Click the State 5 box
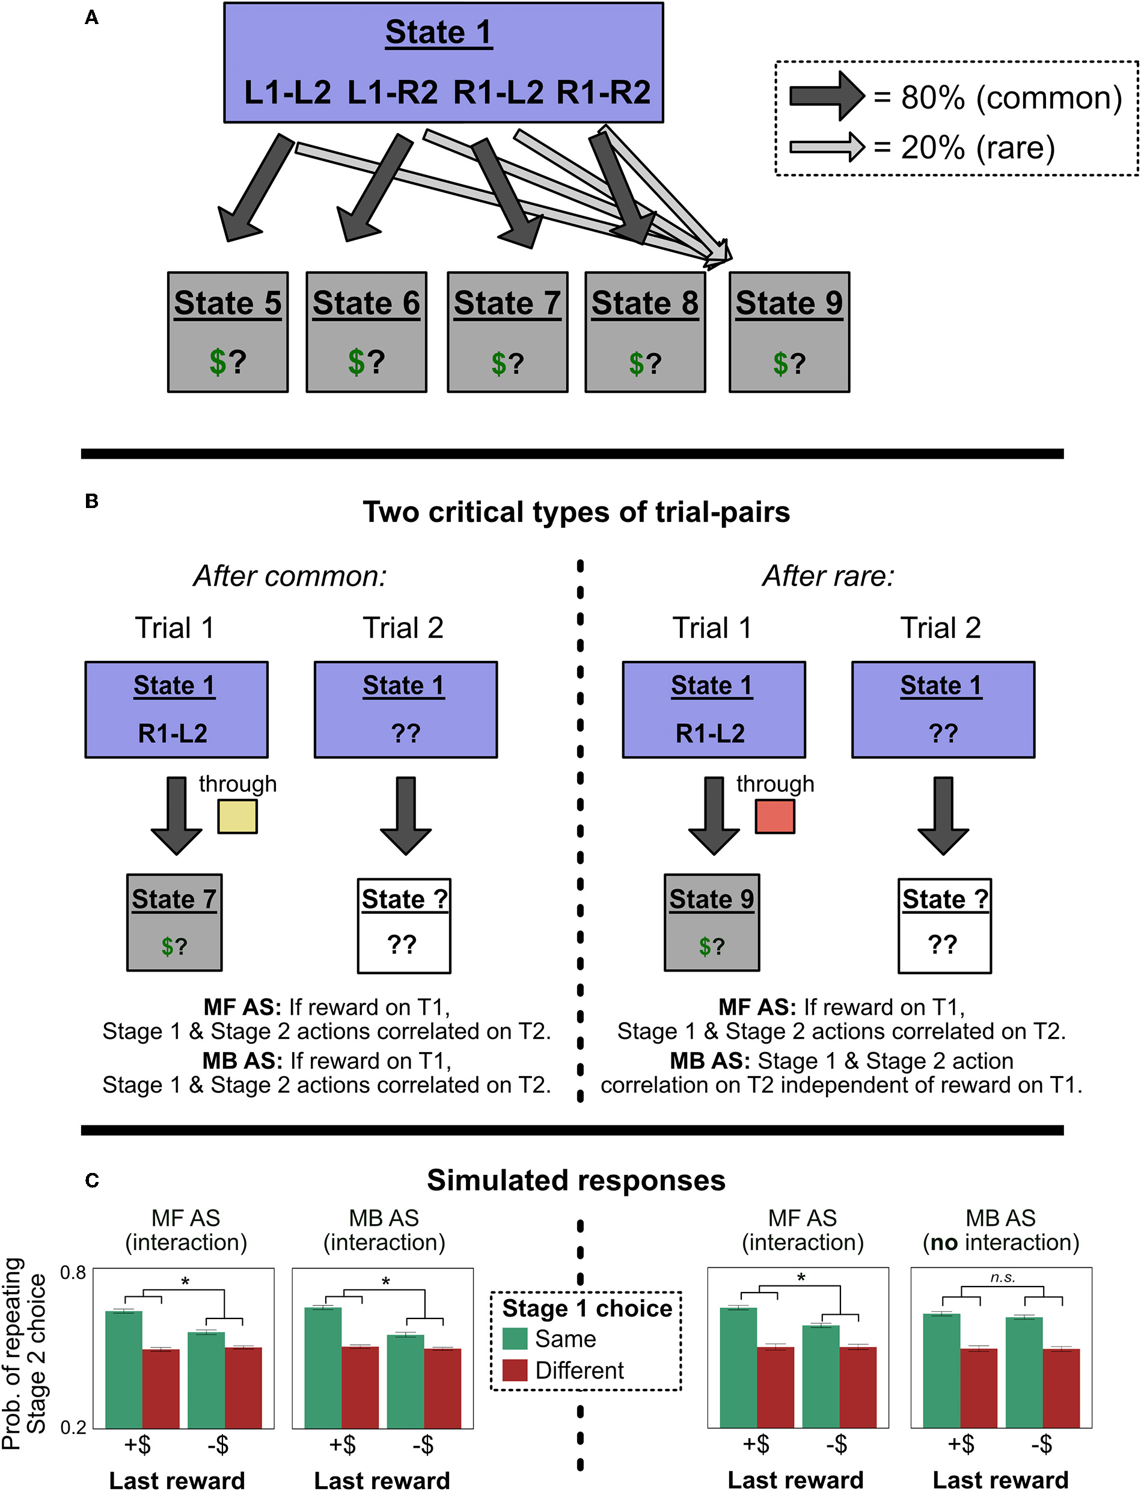click(227, 332)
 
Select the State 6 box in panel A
click(366, 332)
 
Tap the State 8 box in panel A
click(644, 332)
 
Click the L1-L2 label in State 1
click(287, 93)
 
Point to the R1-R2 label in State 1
click(603, 93)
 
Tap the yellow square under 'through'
click(237, 816)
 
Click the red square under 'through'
click(775, 816)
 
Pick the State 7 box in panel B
click(174, 922)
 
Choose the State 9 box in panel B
click(712, 922)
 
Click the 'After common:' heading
click(290, 576)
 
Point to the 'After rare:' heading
click(828, 576)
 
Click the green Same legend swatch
click(515, 1338)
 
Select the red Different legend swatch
click(515, 1370)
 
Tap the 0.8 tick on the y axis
click(73, 1272)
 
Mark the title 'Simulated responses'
click(576, 1181)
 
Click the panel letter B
click(92, 501)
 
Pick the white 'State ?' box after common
click(404, 925)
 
